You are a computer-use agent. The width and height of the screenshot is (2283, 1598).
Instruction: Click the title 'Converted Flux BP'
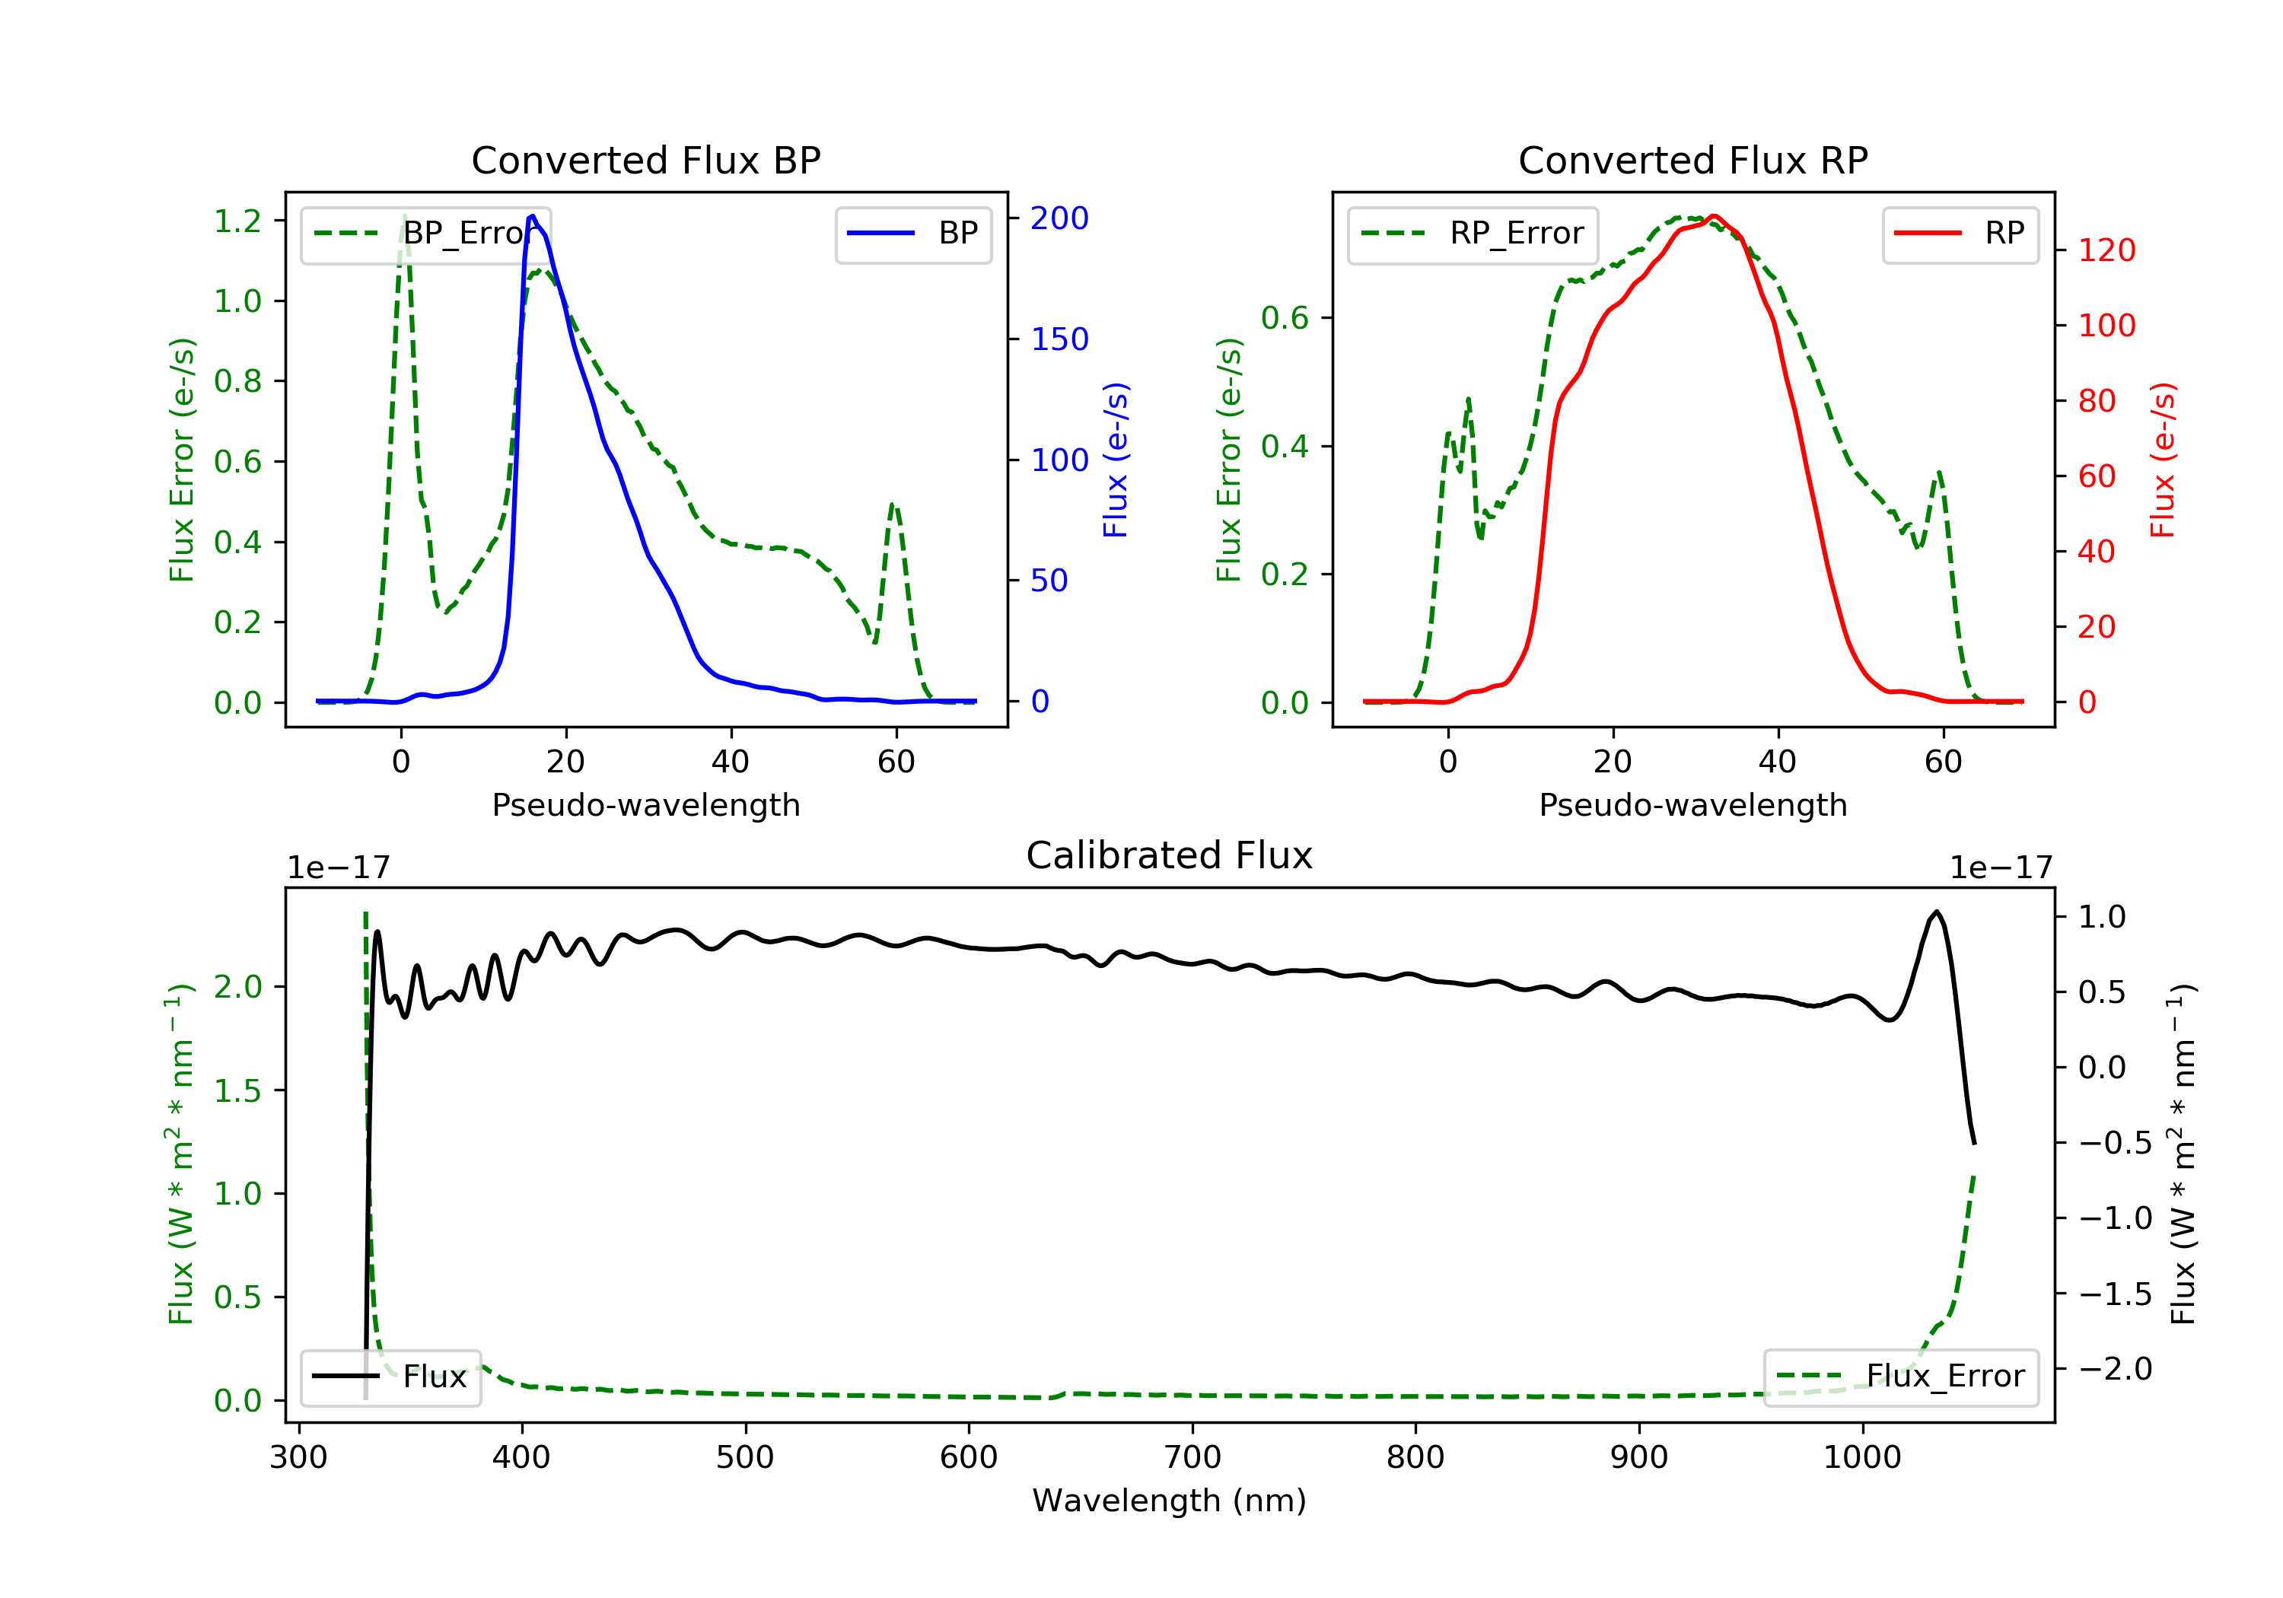(646, 160)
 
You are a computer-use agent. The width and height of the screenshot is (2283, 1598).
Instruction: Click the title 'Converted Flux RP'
(1693, 160)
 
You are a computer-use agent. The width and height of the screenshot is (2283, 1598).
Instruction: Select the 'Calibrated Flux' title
(1170, 855)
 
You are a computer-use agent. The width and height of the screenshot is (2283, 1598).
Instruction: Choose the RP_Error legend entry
(1473, 234)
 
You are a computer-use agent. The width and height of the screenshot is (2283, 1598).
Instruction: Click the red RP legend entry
(1960, 234)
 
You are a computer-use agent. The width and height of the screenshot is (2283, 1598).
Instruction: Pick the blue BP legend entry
(912, 234)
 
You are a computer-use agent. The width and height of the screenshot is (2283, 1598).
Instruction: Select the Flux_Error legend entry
(1900, 1377)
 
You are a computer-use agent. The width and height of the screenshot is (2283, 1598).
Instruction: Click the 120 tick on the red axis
(2106, 250)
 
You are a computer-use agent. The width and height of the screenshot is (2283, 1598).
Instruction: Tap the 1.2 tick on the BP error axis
(237, 221)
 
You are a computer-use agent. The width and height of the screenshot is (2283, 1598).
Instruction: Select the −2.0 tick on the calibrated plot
(2115, 1369)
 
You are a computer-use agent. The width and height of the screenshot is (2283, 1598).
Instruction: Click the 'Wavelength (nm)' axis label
(1170, 1501)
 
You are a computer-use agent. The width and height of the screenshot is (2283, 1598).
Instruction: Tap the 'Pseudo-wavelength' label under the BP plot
(646, 804)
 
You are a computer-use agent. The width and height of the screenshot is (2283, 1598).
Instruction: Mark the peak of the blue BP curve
(533, 216)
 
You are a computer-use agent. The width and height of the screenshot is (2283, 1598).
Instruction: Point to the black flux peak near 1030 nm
(1936, 912)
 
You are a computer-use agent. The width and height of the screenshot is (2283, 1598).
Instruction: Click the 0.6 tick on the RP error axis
(1285, 318)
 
